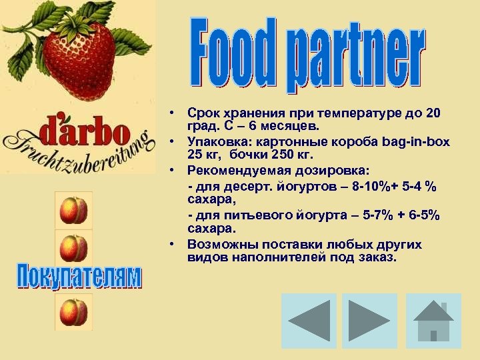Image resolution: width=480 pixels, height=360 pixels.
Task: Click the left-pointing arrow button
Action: click(309, 321)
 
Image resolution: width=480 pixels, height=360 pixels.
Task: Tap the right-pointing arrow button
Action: click(370, 321)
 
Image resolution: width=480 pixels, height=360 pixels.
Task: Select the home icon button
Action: click(433, 321)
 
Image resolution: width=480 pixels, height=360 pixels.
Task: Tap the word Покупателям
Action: click(79, 277)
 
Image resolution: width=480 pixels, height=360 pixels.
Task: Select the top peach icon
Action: click(73, 211)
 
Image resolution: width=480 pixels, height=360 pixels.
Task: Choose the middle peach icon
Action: click(73, 248)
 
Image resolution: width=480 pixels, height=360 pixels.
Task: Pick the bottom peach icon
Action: click(73, 311)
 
